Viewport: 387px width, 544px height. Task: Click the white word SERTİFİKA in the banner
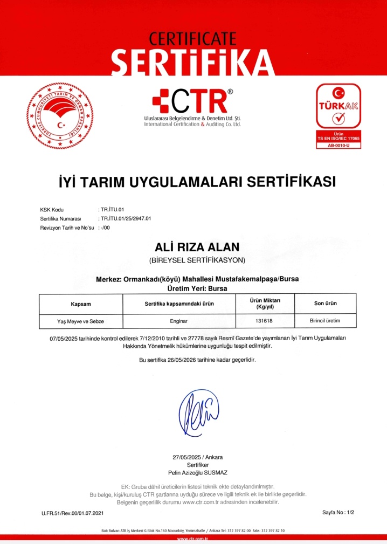193,62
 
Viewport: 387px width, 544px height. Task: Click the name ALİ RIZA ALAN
197,247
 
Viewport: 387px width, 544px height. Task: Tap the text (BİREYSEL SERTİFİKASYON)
197,260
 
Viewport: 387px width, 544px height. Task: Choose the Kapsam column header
81,304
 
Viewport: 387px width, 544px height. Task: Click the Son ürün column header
325,304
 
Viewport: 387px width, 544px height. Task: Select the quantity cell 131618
264,321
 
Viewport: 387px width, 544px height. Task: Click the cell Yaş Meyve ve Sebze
81,321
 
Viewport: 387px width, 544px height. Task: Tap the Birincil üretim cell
325,321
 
